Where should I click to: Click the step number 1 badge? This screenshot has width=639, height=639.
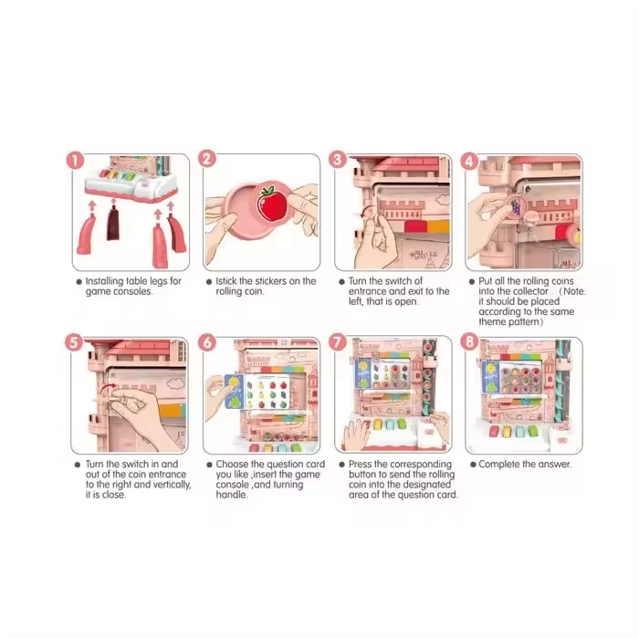[x=75, y=161]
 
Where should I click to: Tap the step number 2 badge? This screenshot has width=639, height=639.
[x=207, y=159]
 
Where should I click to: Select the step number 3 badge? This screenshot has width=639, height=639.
[x=338, y=160]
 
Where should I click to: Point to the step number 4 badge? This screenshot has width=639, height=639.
[x=469, y=161]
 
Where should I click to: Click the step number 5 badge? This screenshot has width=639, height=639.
[x=74, y=342]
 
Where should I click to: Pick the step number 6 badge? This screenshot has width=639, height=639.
[x=207, y=342]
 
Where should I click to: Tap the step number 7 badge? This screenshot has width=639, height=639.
[x=338, y=342]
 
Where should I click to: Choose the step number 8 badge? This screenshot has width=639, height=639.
[x=469, y=341]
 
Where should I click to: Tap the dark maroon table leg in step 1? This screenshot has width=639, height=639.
[x=113, y=223]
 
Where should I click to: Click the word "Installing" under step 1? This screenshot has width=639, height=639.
[x=104, y=281]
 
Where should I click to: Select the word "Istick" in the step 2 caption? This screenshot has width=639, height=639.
[x=226, y=281]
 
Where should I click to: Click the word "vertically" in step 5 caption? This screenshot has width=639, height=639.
[x=171, y=485]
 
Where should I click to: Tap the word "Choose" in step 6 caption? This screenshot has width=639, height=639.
[x=232, y=464]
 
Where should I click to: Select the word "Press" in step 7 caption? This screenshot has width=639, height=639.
[x=360, y=464]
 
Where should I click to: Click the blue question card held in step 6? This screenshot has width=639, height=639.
[x=234, y=392]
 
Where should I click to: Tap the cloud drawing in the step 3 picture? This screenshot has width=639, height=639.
[x=443, y=199]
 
